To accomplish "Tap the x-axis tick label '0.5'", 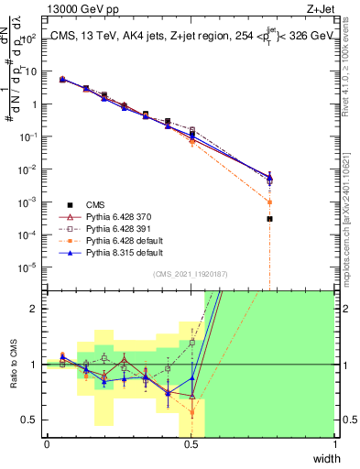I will (191, 443).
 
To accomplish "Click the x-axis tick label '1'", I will (334, 443).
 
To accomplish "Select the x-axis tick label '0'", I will (47, 443).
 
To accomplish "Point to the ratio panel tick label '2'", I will (36, 309).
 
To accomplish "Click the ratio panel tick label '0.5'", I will (31, 420).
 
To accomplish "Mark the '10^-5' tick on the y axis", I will (30, 267).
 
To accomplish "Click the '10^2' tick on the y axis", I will (30, 38).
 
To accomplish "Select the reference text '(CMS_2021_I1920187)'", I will (191, 273).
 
